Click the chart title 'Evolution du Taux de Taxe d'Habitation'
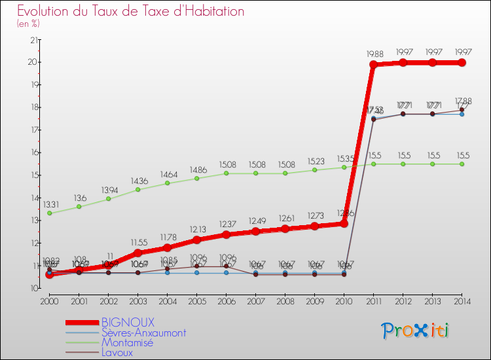[x=131, y=12]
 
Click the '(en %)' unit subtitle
[x=28, y=24]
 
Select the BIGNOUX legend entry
[x=128, y=322]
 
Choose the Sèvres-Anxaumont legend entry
[x=143, y=333]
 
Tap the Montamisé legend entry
[x=127, y=342]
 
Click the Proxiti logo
[x=416, y=331]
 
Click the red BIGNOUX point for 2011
[x=373, y=65]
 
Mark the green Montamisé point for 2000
[x=49, y=213]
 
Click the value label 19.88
[x=376, y=54]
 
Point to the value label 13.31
[x=52, y=204]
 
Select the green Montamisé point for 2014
[x=462, y=164]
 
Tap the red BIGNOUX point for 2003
[x=137, y=253]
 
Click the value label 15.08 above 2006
[x=226, y=164]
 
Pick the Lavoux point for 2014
[x=462, y=110]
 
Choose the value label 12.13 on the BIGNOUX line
[x=196, y=230]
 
